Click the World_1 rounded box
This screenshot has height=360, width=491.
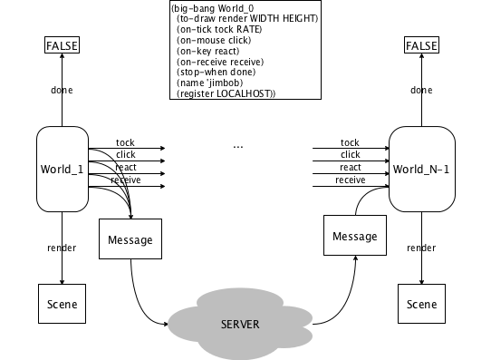coord(63,169)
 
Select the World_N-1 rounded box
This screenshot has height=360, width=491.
coord(422,169)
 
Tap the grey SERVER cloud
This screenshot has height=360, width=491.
coord(240,324)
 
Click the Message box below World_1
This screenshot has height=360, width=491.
coord(130,239)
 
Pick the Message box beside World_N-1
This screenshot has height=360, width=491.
coord(355,235)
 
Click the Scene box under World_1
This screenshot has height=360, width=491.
coord(62,304)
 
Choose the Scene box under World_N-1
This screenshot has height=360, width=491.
coord(421,304)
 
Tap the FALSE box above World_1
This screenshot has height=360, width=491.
coord(62,45)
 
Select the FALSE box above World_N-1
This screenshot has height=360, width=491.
coord(421,45)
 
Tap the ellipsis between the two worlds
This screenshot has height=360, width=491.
coord(238,146)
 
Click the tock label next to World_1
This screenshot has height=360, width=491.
coord(125,142)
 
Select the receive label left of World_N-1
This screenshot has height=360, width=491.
coord(351,180)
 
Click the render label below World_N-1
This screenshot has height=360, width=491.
coord(421,248)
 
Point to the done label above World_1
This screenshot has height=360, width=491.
coord(62,90)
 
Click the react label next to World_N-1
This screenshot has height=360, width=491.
coord(351,168)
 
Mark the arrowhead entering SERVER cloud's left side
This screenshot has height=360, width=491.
coord(166,324)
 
